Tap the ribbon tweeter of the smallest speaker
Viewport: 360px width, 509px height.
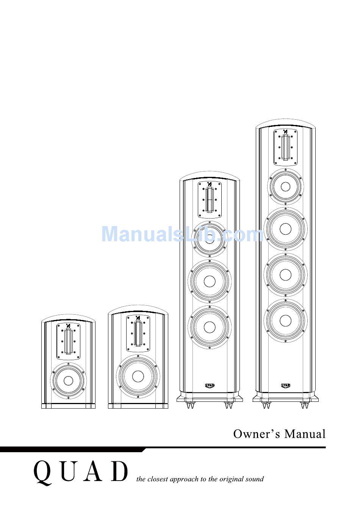(69, 342)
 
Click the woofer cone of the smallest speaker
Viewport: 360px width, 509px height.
(68, 381)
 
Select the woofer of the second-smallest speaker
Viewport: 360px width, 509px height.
(138, 376)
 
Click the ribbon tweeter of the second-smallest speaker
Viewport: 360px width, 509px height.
(138, 333)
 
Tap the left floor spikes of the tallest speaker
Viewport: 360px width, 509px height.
(266, 405)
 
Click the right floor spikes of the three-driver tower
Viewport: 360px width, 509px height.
(229, 405)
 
